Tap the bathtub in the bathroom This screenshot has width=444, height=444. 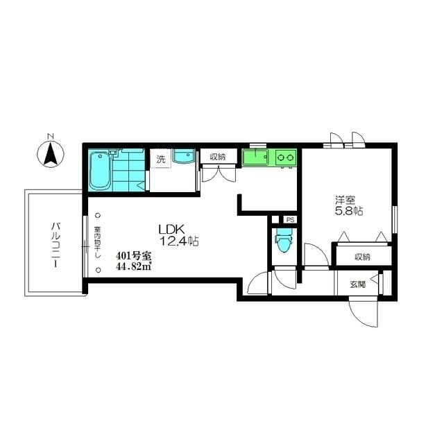pos(100,171)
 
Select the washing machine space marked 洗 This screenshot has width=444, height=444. pos(161,159)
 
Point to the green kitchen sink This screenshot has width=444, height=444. pos(255,157)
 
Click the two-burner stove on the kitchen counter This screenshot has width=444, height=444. pos(285,157)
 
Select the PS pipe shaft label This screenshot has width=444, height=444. pos(290,220)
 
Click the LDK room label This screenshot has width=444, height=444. pos(171,229)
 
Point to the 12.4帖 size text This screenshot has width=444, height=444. pos(179,241)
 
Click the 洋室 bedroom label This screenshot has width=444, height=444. pos(345,200)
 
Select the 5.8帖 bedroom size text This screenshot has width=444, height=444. pos(349,211)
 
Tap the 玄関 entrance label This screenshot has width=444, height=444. pos(358,284)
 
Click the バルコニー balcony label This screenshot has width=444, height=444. pos(55,245)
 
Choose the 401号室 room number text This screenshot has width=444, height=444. pos(134,256)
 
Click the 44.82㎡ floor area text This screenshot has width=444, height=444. pos(134,266)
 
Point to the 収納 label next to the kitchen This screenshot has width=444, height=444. pos(217,157)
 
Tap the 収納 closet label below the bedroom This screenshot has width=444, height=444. pos(362,257)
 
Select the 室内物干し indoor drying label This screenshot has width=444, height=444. pos(98,243)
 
